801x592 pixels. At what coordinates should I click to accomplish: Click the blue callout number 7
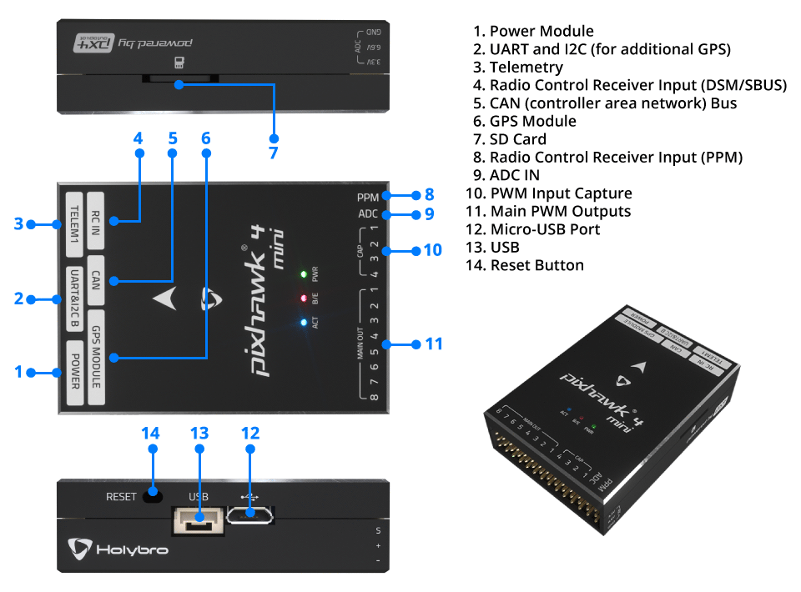coord(273,153)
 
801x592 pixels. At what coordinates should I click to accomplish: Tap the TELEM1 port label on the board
coord(75,223)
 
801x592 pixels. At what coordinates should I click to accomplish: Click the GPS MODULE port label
coord(97,356)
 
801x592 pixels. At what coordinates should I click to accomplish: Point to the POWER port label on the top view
coord(75,372)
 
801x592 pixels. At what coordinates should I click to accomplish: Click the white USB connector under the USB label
coord(199,521)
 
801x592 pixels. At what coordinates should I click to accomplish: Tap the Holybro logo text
coord(131,550)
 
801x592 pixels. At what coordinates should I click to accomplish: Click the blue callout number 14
coord(150,434)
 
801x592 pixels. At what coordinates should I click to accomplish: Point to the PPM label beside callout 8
coord(367,197)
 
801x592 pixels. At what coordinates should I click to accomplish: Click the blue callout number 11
coord(433,344)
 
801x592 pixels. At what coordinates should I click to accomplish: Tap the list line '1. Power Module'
coord(533,32)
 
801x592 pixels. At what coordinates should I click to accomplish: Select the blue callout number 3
coord(18,223)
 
